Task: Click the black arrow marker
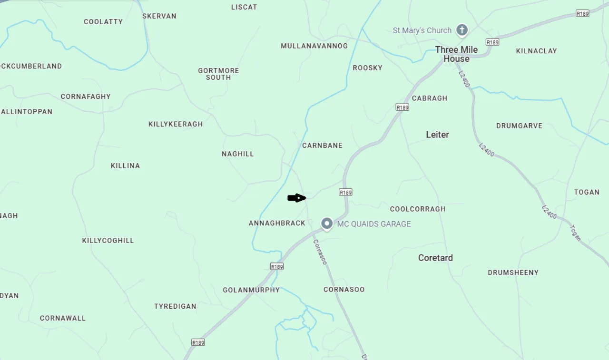click(x=296, y=198)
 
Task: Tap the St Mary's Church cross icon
click(x=462, y=30)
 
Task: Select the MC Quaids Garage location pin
click(x=326, y=223)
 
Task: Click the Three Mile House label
click(x=456, y=54)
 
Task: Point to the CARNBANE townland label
click(x=322, y=146)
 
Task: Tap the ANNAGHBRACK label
click(x=277, y=223)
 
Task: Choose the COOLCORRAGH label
click(x=418, y=209)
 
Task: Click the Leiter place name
click(x=437, y=135)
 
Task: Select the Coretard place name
click(x=435, y=258)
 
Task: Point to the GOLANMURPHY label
click(x=251, y=290)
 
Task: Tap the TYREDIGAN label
click(x=175, y=306)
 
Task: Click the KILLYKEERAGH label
click(x=176, y=124)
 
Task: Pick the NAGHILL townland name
click(x=238, y=154)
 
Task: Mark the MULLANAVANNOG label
click(x=314, y=46)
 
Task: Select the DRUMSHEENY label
click(x=513, y=272)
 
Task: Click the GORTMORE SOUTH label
click(x=218, y=74)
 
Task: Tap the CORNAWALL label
click(x=63, y=318)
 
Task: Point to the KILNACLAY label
click(x=536, y=51)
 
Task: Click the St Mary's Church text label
click(x=422, y=30)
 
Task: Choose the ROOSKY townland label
click(x=367, y=68)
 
